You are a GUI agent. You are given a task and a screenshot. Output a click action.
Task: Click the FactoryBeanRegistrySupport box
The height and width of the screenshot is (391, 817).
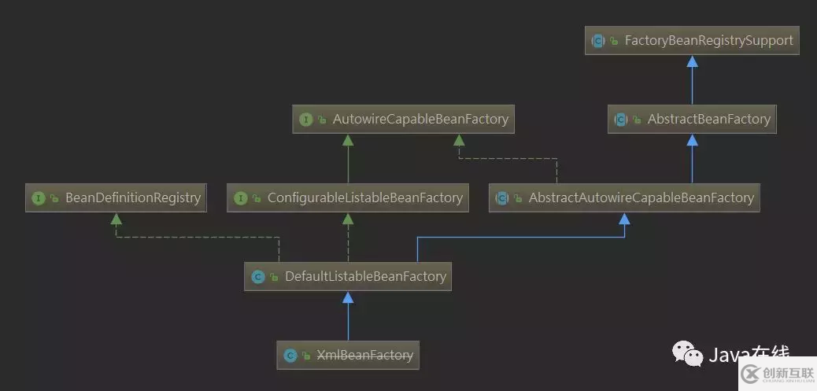coord(692,40)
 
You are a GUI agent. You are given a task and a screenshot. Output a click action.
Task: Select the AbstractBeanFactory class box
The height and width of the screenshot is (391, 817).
coord(692,119)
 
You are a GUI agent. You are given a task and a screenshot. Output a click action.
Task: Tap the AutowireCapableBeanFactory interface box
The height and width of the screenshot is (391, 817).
coord(404,120)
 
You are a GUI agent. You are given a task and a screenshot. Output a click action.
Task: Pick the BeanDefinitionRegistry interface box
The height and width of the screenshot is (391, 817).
coord(116,197)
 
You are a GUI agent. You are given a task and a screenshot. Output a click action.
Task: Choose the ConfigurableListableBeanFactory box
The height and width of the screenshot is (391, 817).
coord(348,197)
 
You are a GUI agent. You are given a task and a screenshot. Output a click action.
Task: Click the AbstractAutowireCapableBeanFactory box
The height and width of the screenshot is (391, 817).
coord(624,197)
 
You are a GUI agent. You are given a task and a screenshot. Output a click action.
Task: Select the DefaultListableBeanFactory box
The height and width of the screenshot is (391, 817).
coord(348,276)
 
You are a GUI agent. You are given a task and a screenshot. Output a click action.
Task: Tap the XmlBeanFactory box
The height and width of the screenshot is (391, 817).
coord(348,355)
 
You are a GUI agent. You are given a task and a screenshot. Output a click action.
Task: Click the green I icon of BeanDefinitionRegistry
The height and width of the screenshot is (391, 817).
coord(38,198)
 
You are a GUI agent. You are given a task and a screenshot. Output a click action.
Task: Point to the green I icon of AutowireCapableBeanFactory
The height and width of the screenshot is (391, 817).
coord(306,120)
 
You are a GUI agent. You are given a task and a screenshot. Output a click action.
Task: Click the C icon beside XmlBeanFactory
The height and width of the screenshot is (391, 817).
coord(290,356)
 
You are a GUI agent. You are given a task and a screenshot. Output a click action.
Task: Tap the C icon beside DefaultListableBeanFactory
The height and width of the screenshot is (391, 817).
coord(257,277)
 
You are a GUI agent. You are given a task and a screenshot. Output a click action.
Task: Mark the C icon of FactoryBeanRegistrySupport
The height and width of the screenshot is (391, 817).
coord(598,41)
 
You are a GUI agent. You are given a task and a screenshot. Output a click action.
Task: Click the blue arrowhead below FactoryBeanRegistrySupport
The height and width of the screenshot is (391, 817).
coord(692,61)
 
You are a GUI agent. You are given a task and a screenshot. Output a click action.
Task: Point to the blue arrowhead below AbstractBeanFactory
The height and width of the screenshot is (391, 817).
coord(692,139)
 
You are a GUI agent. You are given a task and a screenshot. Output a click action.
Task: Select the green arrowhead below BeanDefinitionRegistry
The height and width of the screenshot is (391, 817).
coord(116,218)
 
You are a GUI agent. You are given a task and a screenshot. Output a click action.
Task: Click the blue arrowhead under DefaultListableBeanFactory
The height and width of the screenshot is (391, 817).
coord(348,297)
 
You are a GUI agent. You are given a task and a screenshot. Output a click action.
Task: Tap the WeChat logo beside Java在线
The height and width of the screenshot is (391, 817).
coord(688,355)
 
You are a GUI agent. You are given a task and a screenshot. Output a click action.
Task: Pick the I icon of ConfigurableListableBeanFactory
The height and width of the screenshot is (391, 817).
coord(240,198)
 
